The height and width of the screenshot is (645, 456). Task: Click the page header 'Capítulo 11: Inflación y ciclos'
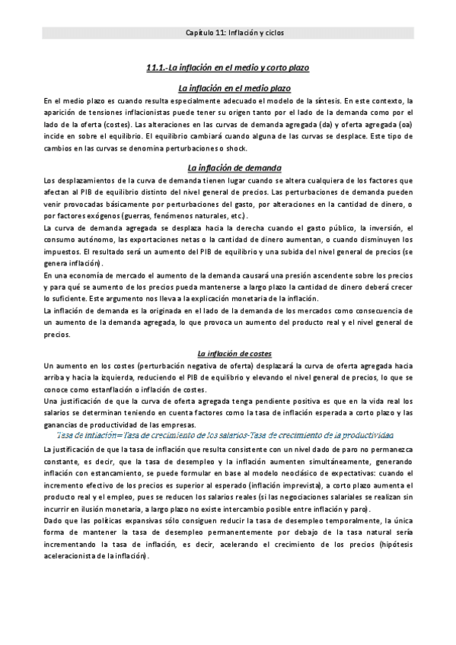(x=228, y=33)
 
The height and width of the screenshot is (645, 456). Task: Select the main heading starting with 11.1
(x=228, y=68)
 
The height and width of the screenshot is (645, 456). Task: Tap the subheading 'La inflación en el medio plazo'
(x=228, y=88)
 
